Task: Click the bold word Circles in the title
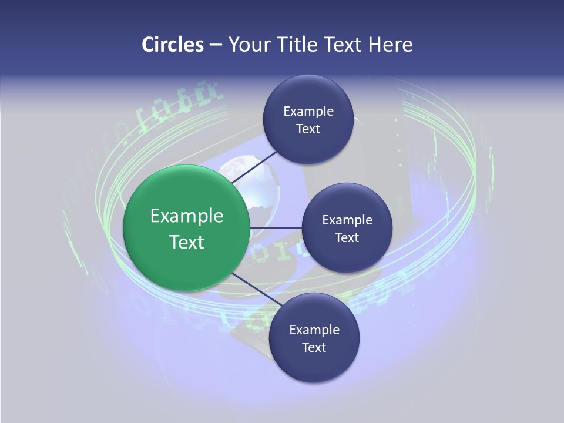172,45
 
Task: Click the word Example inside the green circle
187,216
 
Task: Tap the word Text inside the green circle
187,242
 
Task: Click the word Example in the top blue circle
308,112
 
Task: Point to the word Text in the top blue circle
308,129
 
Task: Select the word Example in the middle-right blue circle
347,220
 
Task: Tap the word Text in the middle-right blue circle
347,238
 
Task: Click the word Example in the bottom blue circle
314,330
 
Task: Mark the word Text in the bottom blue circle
314,348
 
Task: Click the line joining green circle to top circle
256,167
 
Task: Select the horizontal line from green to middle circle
276,228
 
